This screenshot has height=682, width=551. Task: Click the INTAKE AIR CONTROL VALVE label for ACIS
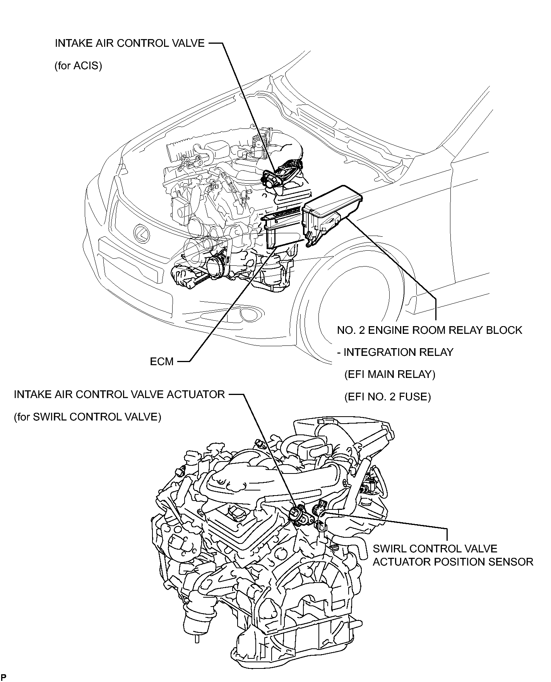130,43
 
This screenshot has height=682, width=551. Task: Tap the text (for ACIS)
78,66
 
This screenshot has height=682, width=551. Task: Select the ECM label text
162,362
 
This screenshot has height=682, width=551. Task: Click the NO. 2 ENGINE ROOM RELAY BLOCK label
430,330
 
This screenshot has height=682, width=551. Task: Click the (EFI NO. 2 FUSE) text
387,397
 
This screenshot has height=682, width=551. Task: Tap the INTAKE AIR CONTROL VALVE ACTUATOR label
119,395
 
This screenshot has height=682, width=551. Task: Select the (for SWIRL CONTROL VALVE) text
87,417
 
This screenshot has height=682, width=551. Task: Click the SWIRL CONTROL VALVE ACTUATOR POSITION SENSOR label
453,555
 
